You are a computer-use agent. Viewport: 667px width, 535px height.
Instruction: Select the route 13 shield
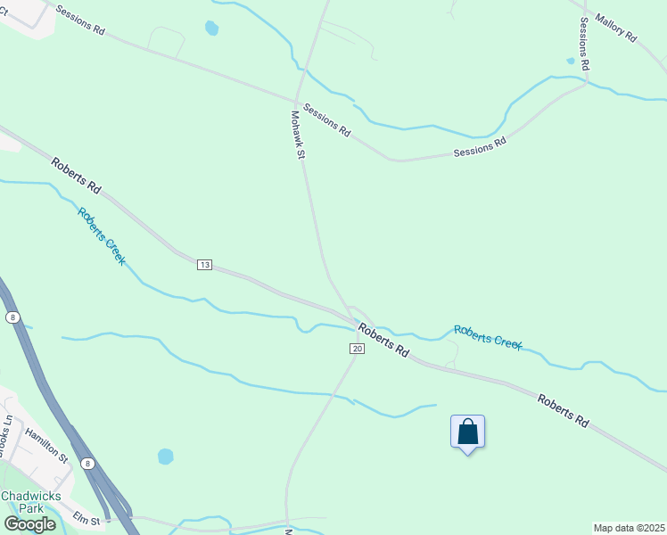(204, 265)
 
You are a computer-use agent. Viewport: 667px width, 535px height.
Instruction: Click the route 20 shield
(357, 348)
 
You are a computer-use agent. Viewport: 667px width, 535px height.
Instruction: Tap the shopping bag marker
(468, 432)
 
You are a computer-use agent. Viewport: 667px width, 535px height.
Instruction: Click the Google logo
(29, 524)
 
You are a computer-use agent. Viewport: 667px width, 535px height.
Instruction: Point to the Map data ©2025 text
(630, 528)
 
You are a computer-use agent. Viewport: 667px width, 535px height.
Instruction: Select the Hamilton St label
(46, 443)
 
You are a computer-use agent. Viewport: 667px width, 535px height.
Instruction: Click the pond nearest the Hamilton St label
(166, 457)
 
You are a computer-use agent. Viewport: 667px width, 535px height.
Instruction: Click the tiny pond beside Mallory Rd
(570, 62)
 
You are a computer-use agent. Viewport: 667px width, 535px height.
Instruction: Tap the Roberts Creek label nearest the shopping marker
(487, 337)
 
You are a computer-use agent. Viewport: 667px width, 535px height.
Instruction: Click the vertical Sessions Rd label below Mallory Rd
(585, 43)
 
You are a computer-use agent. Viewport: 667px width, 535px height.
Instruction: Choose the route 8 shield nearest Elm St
(87, 464)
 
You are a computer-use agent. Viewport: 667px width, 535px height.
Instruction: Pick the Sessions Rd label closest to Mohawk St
(326, 119)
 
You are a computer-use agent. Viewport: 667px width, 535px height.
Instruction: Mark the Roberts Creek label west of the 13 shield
(101, 236)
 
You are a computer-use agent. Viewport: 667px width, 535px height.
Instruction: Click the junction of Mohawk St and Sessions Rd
(297, 98)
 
